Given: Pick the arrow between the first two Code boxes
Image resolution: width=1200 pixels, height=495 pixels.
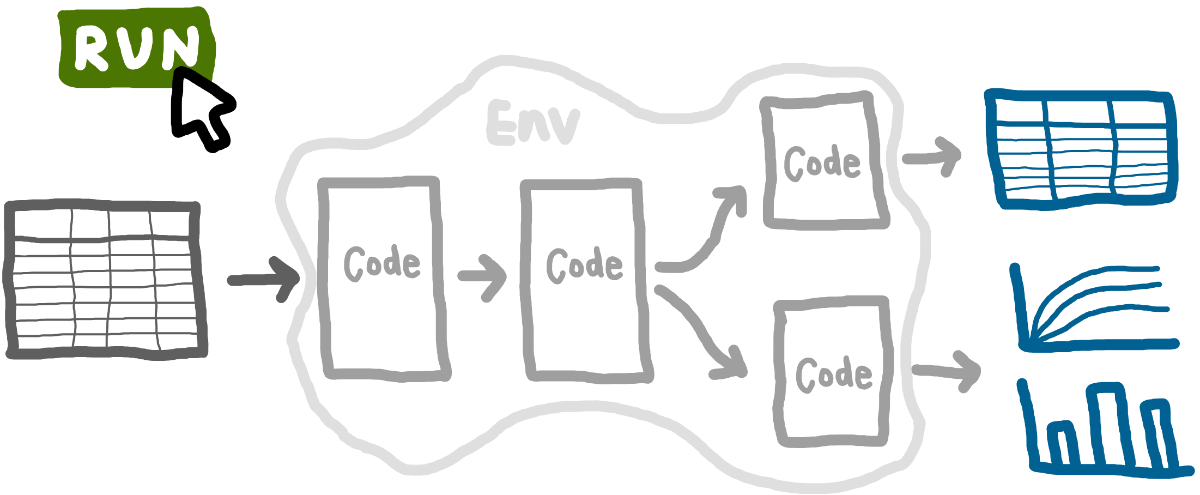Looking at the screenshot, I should (483, 277).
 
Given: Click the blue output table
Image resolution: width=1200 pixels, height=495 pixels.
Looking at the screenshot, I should (1082, 149).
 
